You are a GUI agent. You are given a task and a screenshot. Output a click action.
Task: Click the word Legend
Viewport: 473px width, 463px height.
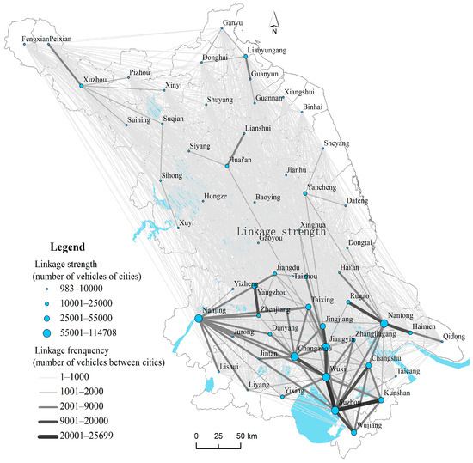tap(70, 244)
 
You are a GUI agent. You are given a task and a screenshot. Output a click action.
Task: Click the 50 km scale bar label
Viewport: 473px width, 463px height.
tap(250, 437)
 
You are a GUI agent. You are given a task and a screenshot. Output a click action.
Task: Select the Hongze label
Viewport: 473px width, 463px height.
tap(215, 197)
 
